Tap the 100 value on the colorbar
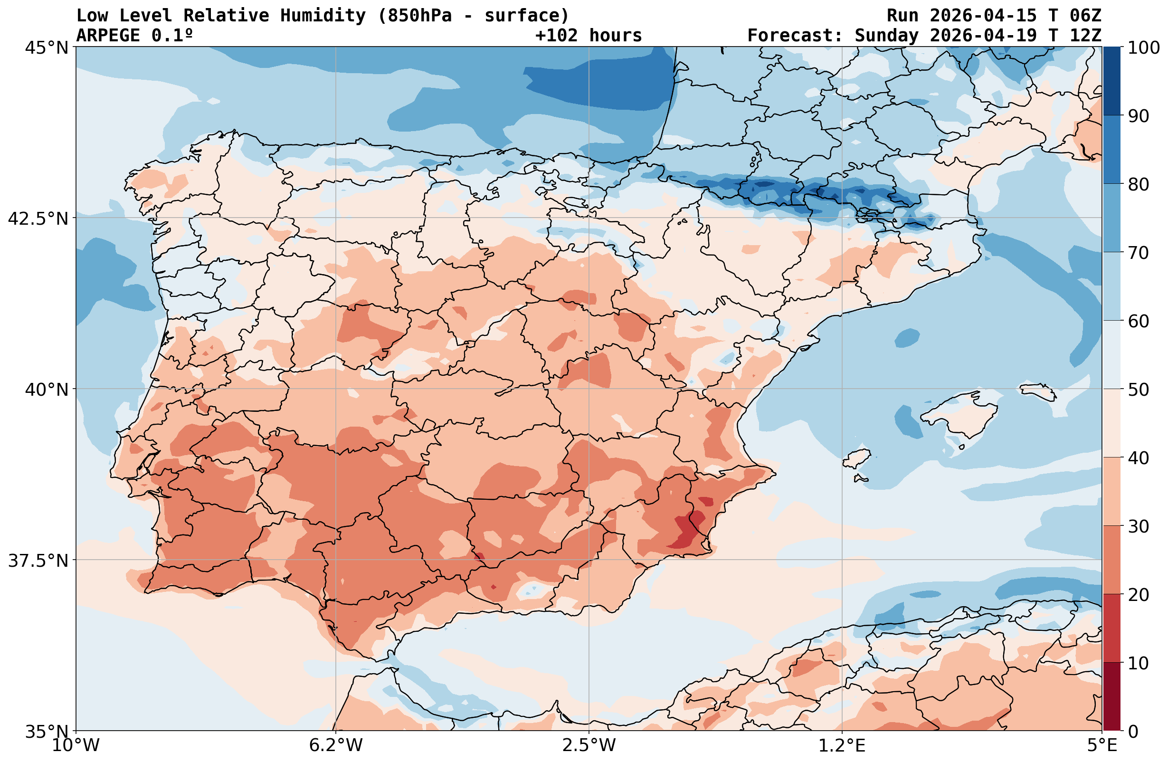point(1143,48)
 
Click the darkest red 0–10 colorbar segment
point(1112,697)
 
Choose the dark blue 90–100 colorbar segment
point(1112,81)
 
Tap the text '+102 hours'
point(589,36)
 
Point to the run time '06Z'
point(1085,16)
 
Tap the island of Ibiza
point(856,459)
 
